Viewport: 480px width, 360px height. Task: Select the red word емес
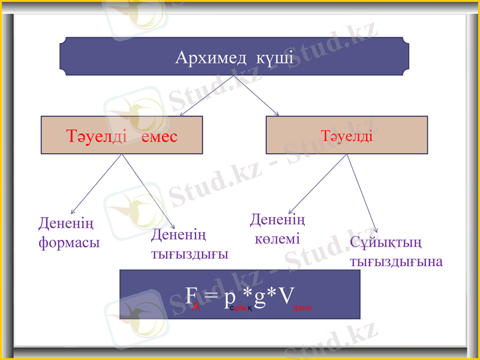(160, 136)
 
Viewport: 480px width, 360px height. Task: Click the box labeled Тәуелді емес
(121, 135)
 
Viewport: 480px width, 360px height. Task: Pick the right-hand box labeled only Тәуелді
(346, 135)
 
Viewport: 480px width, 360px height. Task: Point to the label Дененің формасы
(68, 233)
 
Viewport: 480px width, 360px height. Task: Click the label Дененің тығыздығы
(188, 244)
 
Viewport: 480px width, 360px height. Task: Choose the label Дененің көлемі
(277, 229)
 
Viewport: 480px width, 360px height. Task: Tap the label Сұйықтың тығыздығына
(396, 252)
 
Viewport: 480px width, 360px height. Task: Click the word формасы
(68, 243)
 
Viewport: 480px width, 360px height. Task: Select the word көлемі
(277, 239)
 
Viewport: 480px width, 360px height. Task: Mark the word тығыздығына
(396, 262)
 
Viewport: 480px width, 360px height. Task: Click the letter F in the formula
(191, 295)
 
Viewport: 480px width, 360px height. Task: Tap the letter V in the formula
(286, 295)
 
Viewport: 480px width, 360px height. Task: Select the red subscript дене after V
(301, 307)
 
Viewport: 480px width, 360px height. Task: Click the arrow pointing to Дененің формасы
(96, 185)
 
